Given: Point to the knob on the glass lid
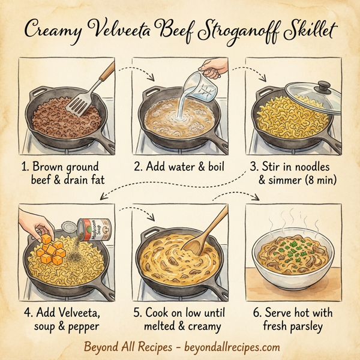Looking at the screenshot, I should pos(325,86).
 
